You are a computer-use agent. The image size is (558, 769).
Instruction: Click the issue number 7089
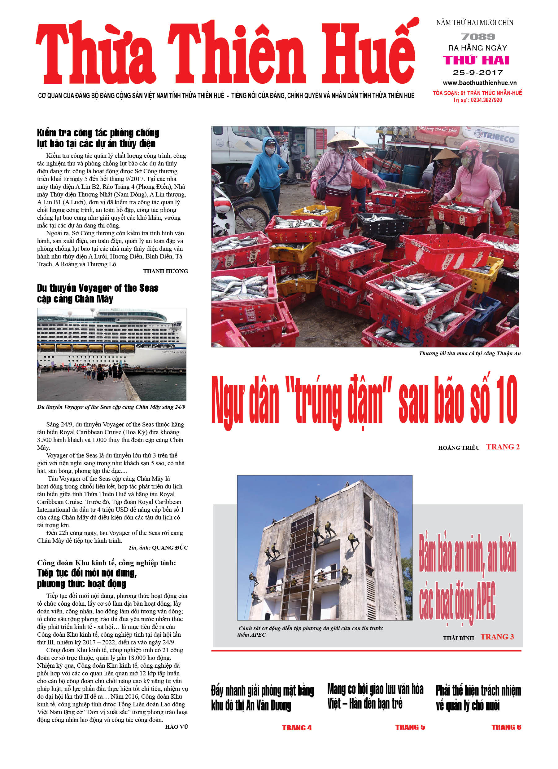click(x=478, y=37)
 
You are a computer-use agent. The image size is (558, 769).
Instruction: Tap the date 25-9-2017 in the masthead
click(x=478, y=73)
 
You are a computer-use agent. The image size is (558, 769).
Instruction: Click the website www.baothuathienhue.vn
click(x=479, y=83)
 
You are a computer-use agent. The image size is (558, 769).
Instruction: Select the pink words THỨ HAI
click(x=476, y=60)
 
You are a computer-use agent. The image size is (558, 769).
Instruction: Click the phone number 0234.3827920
click(x=486, y=100)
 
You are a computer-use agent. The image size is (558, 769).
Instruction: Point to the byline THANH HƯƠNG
click(x=165, y=271)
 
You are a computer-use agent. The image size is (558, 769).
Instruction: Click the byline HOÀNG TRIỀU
click(x=459, y=448)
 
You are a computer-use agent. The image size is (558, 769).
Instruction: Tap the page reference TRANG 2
click(x=503, y=447)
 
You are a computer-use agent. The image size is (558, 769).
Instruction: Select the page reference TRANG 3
click(x=497, y=637)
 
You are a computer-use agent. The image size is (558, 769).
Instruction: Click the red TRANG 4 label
click(x=297, y=728)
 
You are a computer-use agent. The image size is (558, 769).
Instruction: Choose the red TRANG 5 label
click(x=410, y=727)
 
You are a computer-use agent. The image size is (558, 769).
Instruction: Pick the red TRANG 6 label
click(x=506, y=727)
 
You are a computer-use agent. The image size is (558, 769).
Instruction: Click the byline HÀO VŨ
click(x=176, y=727)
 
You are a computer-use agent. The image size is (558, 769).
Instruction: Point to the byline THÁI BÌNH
click(x=458, y=638)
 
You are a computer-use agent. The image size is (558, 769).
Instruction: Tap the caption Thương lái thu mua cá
click(x=469, y=353)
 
